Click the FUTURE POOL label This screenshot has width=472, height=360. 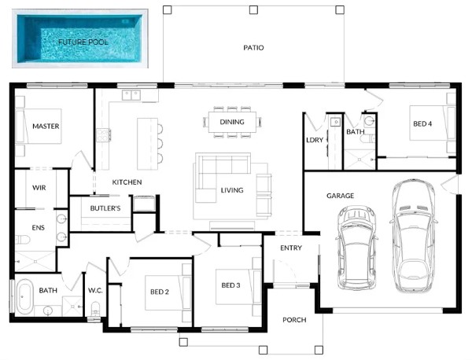tap(83, 42)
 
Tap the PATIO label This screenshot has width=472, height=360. tap(253, 47)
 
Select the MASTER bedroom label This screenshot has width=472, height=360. tap(46, 127)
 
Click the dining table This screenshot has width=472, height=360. tap(232, 122)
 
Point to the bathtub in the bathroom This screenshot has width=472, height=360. tap(24, 297)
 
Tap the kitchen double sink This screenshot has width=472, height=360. tap(131, 95)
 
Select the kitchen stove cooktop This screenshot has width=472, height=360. tap(103, 134)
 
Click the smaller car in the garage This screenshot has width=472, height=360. tap(356, 248)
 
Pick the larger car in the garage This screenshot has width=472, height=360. tap(414, 236)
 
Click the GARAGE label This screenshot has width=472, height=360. tap(340, 196)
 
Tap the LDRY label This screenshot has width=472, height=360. tap(315, 140)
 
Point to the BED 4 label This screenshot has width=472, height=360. tap(422, 123)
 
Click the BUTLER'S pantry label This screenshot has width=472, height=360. tap(105, 208)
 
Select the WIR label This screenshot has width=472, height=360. tap(39, 188)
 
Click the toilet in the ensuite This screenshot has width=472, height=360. tap(23, 240)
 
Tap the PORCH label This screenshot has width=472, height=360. tap(294, 320)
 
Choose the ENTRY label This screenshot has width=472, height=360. tap(291, 248)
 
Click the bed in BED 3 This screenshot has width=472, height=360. tap(238, 287)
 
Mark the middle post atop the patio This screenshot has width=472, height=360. tap(253, 10)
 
